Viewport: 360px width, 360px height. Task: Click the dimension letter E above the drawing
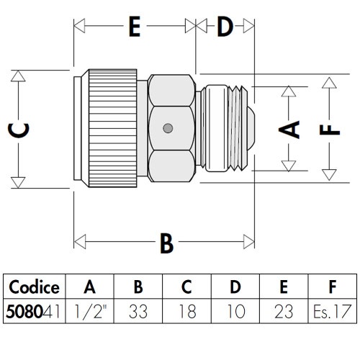[135, 26]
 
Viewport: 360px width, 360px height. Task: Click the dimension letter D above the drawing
[225, 26]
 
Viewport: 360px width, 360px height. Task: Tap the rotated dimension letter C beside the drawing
[19, 130]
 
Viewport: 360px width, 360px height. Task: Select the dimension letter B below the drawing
[166, 243]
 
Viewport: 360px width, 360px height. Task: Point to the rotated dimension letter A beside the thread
[289, 130]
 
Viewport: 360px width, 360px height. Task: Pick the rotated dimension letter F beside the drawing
[330, 130]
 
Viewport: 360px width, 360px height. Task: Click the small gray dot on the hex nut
[168, 128]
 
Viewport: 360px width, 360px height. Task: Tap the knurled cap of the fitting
[112, 128]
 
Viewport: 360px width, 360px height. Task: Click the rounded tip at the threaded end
[251, 128]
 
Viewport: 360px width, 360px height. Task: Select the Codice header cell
[34, 287]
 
